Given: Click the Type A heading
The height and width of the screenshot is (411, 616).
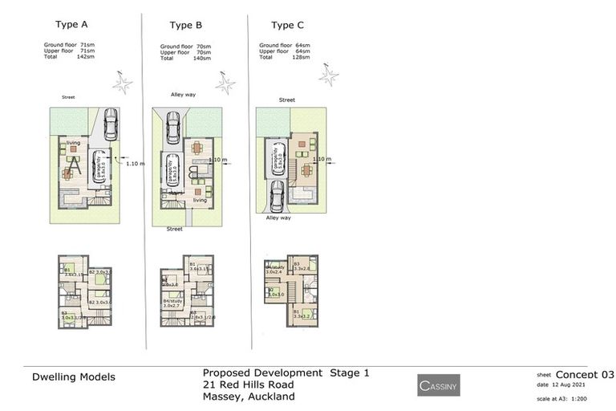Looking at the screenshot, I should coord(75,25).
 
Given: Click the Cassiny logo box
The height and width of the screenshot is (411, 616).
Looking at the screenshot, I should coord(439,386).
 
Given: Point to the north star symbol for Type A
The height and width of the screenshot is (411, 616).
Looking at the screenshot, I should coord(123,83).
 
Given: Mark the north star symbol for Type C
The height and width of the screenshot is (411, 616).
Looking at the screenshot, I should coord(328,75).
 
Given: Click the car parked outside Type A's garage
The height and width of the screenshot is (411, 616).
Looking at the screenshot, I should coord(110,124).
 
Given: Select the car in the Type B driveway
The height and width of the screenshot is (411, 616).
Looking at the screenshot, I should coord(173,126).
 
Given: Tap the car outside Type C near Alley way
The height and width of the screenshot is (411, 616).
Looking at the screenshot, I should coord(277,196).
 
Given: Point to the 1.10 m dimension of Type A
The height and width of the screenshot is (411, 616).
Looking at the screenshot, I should coord(136,163).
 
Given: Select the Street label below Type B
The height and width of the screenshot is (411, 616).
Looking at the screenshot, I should coord(174,229).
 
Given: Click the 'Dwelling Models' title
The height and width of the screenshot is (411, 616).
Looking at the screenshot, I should coord(74,376).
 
